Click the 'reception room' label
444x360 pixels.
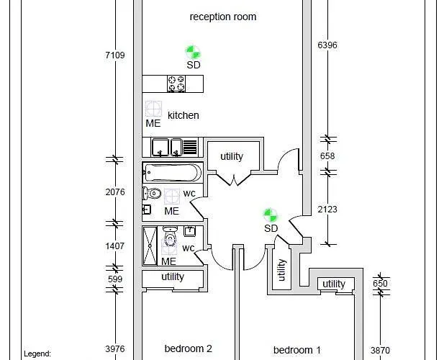point(222,17)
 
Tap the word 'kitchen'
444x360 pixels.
point(183,115)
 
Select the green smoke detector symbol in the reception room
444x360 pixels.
point(193,52)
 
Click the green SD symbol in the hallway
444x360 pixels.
point(270,215)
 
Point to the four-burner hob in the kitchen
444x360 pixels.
point(176,84)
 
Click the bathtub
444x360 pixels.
point(173,173)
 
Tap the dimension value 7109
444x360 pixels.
point(115,55)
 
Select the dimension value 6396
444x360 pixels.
point(327,45)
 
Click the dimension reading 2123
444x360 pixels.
point(327,210)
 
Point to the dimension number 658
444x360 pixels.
point(327,156)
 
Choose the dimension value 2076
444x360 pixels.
point(115,192)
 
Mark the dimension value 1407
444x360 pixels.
point(115,246)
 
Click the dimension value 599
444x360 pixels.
point(115,279)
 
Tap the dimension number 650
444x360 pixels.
point(380,283)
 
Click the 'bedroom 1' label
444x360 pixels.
point(296,350)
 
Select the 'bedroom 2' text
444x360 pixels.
point(188,348)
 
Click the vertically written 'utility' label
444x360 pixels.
point(281,270)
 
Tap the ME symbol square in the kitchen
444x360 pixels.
point(153,109)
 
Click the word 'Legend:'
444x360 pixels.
point(37,354)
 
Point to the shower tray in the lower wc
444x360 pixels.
point(150,246)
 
